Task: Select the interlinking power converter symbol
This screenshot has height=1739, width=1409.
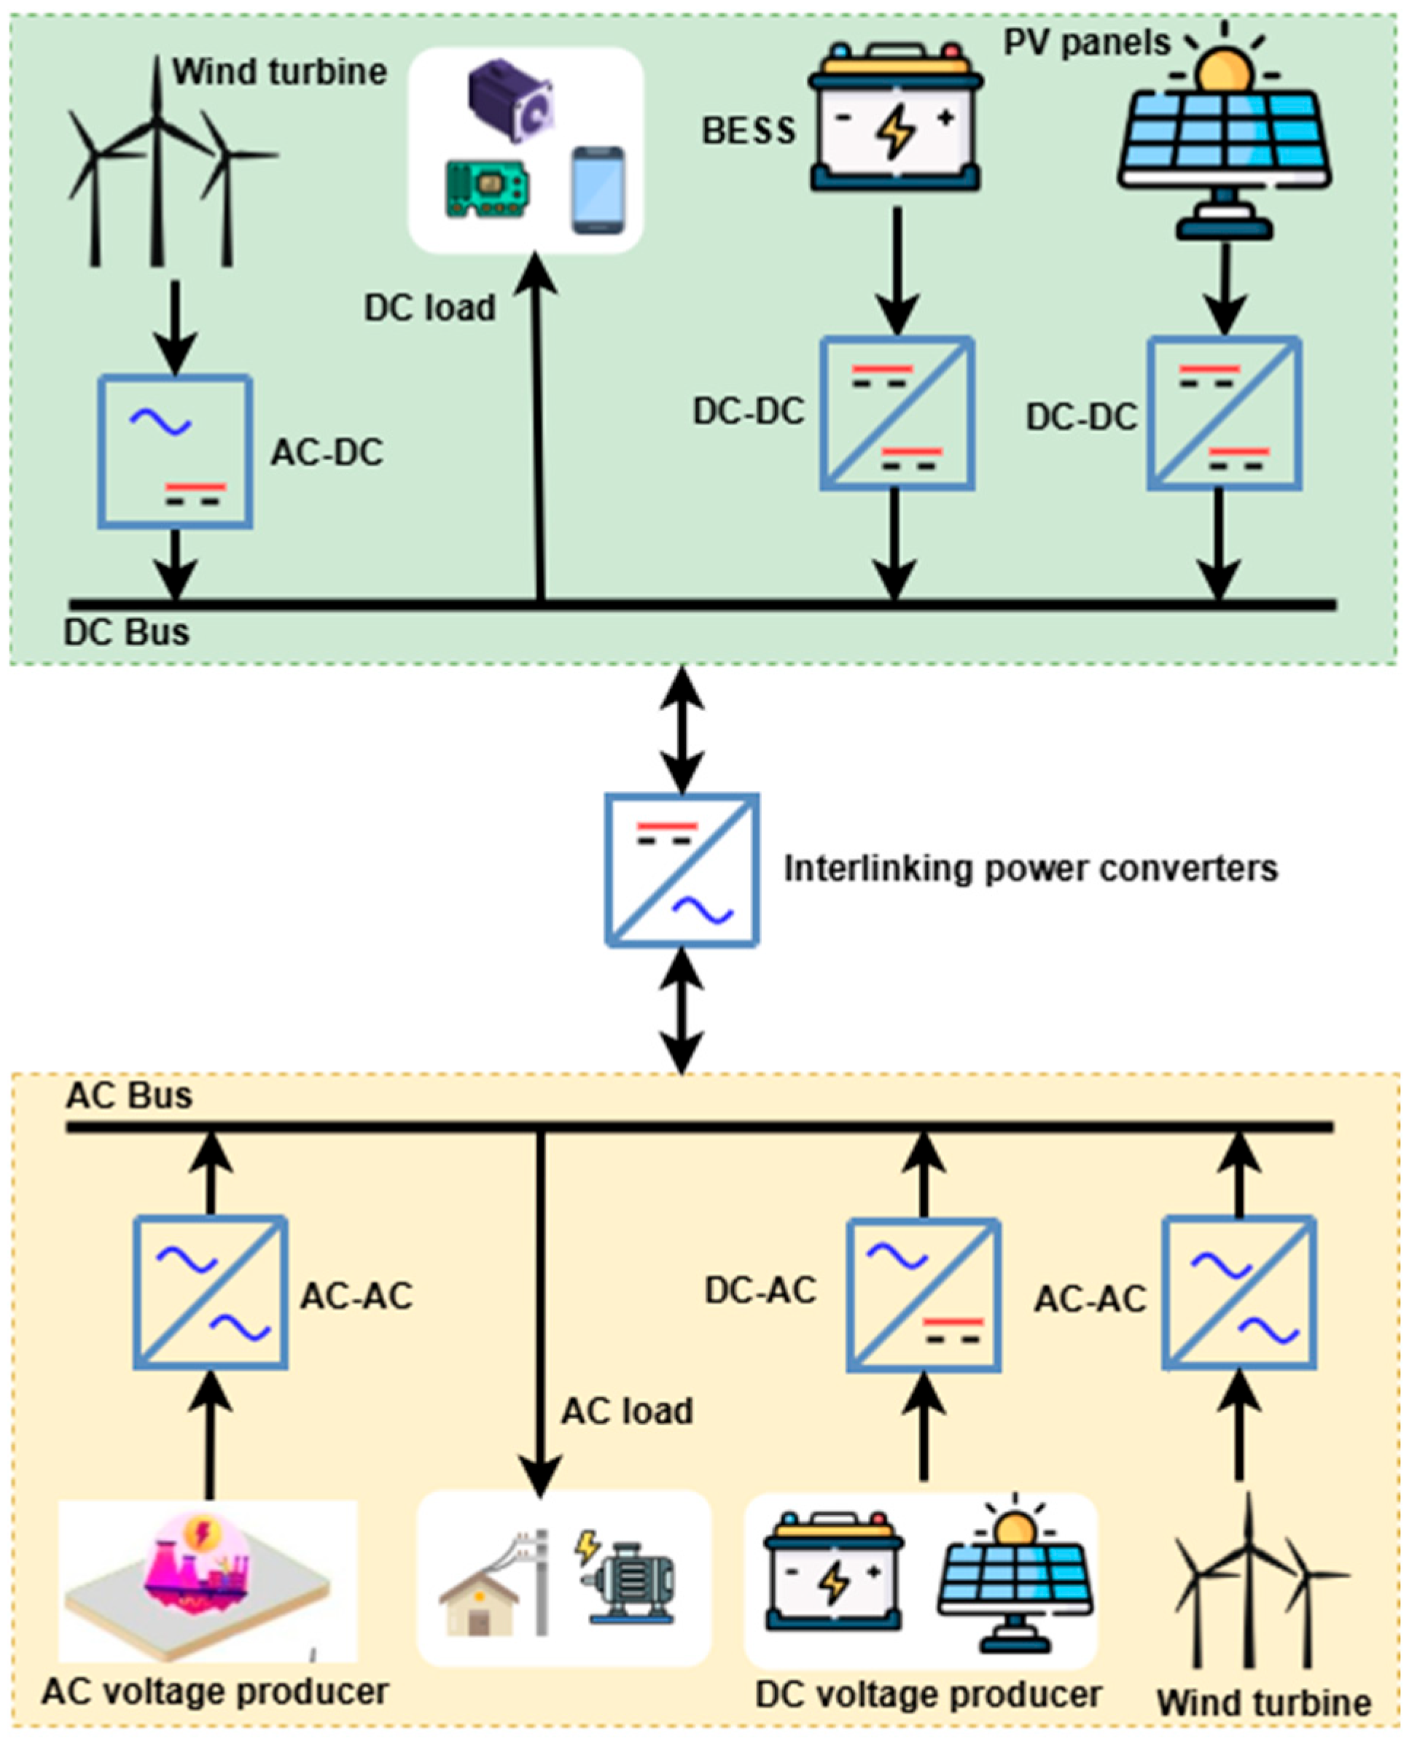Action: tap(682, 869)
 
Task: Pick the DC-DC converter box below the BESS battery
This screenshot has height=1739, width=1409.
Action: tap(897, 413)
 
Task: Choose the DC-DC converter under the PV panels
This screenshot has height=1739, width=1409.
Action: tap(1224, 413)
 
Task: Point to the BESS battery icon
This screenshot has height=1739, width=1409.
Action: tap(895, 117)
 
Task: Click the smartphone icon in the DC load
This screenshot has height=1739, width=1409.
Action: tap(598, 190)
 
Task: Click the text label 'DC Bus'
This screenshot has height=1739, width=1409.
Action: tap(127, 632)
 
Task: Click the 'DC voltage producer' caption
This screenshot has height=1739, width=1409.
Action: tap(929, 1695)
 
